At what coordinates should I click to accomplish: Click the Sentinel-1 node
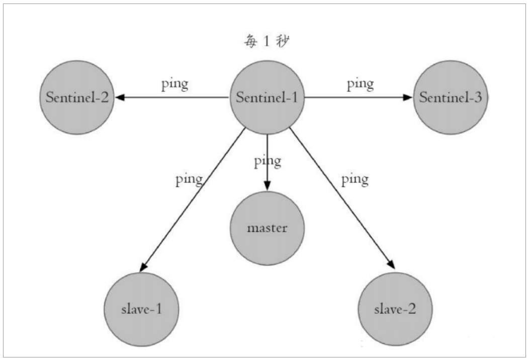(x=267, y=98)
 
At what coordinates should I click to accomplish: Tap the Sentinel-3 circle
(x=450, y=98)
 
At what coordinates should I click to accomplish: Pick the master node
(x=267, y=228)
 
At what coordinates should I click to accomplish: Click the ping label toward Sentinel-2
(x=174, y=83)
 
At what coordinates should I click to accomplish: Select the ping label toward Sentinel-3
(x=360, y=83)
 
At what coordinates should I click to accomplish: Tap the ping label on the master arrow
(x=268, y=162)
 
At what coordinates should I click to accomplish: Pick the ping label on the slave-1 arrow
(x=189, y=179)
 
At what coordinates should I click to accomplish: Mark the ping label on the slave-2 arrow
(x=355, y=178)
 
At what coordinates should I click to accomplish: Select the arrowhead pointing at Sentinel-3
(x=408, y=98)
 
